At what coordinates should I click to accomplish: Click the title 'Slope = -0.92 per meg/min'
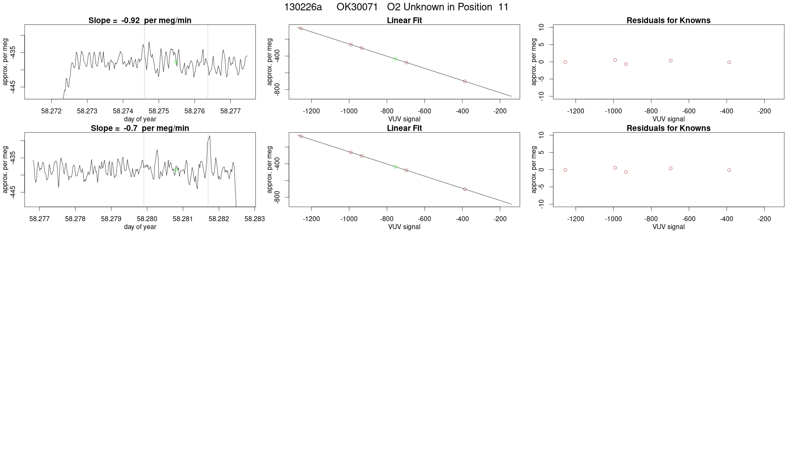(x=140, y=20)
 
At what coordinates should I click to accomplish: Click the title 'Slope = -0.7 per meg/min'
(x=140, y=128)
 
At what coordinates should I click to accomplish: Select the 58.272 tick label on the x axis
(x=51, y=111)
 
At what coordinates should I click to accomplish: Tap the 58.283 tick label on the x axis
(x=255, y=219)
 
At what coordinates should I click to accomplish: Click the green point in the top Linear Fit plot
(x=395, y=59)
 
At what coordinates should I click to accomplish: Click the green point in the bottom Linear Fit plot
(x=395, y=167)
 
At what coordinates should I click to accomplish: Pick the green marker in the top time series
(x=176, y=62)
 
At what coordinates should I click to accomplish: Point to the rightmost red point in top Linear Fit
(x=465, y=81)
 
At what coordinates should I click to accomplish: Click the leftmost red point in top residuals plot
(x=565, y=62)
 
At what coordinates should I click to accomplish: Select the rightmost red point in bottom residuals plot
(x=729, y=170)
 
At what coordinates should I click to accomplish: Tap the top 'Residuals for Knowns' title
(x=668, y=20)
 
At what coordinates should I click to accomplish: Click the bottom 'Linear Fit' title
(x=404, y=128)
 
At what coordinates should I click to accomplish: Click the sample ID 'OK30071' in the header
(x=357, y=7)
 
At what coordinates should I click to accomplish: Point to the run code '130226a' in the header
(x=303, y=7)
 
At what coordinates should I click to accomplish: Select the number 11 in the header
(x=503, y=7)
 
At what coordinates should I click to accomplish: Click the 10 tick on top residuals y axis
(x=541, y=27)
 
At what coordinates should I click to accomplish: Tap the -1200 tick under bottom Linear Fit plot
(x=311, y=219)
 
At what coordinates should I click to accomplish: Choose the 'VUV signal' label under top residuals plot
(x=668, y=119)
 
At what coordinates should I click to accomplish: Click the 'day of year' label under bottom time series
(x=140, y=227)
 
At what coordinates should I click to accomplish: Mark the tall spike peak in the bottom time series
(x=210, y=136)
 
